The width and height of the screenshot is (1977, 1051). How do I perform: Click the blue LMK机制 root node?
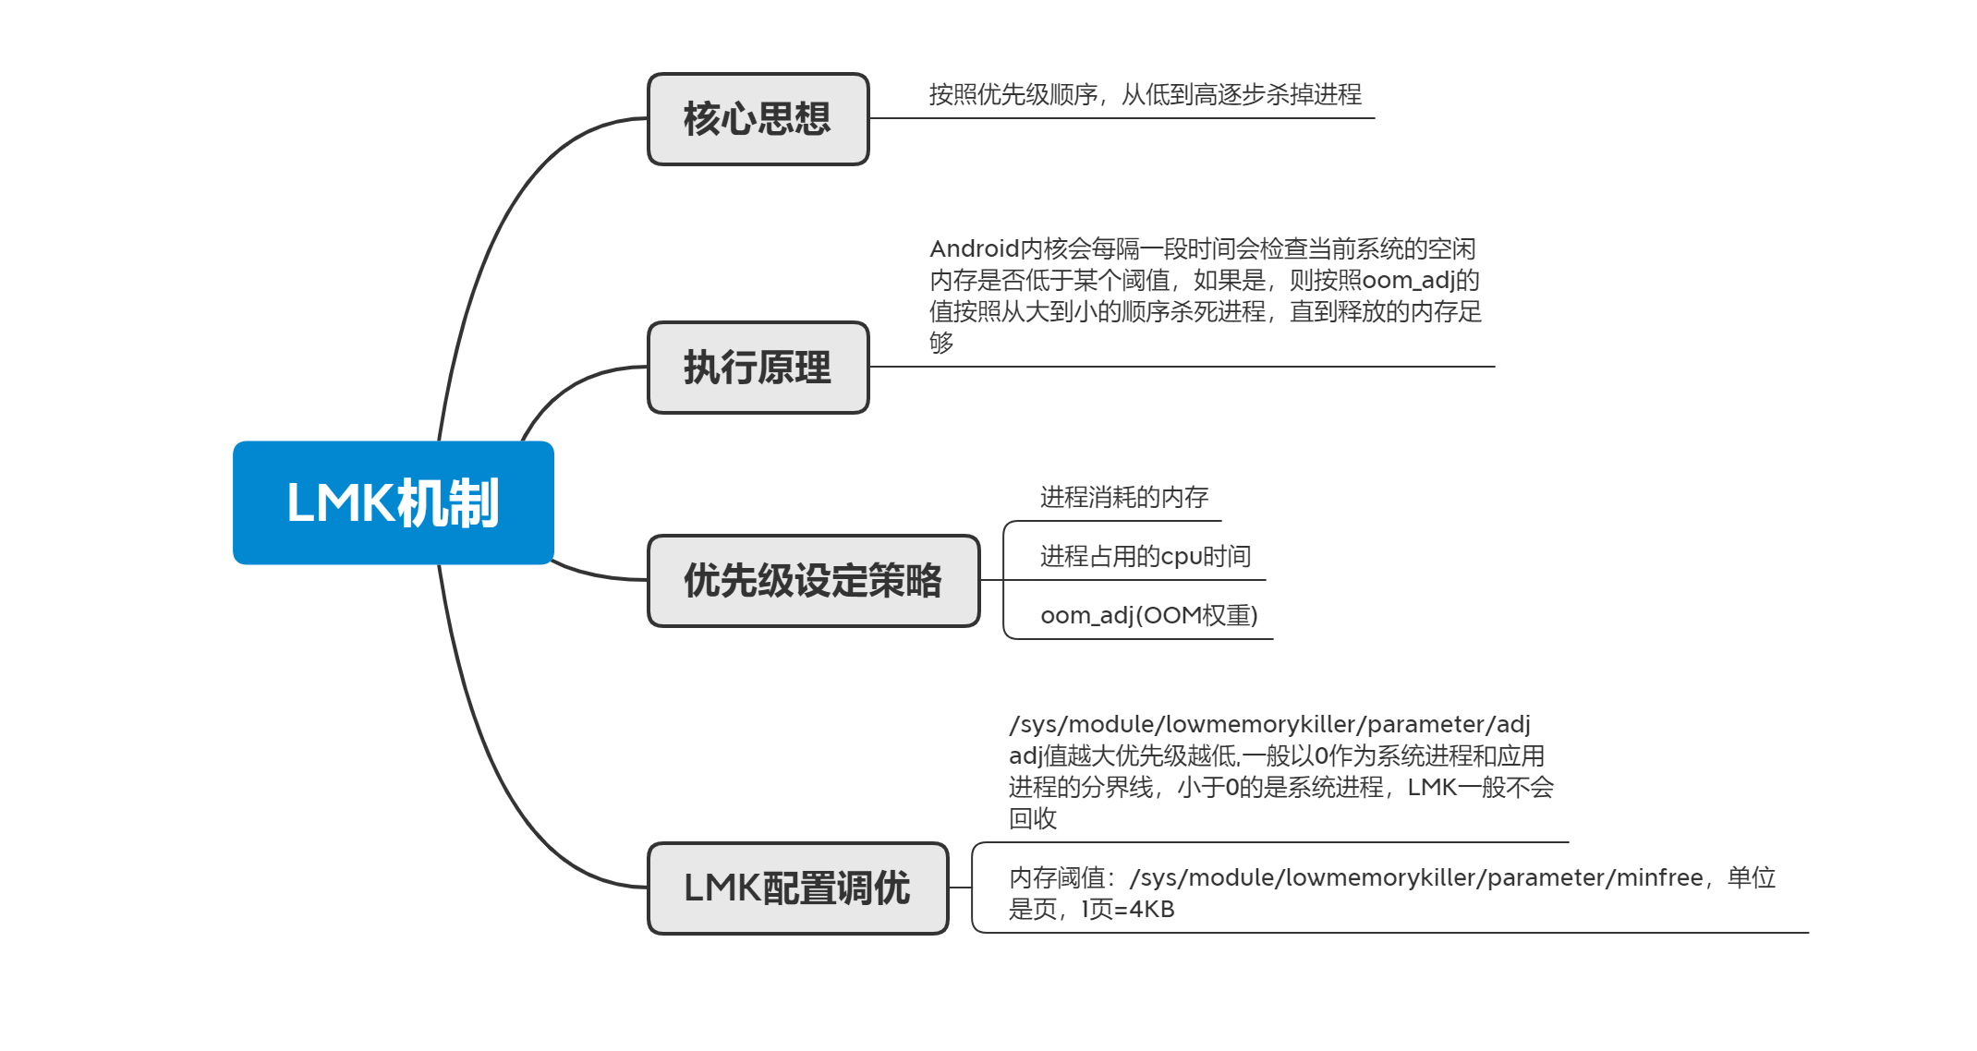pyautogui.click(x=393, y=502)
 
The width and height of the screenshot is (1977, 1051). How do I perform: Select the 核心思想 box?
pyautogui.click(x=758, y=119)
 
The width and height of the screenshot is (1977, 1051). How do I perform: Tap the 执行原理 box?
pyautogui.click(x=758, y=368)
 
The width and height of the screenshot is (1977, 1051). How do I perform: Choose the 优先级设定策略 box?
pyautogui.click(x=813, y=581)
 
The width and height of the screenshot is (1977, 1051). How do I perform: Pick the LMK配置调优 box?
pyautogui.click(x=797, y=888)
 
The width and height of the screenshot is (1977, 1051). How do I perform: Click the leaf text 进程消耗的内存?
pyautogui.click(x=1123, y=498)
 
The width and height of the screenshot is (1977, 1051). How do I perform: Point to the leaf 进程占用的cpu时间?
pyautogui.click(x=1145, y=556)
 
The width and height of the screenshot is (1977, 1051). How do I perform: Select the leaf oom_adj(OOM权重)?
pyautogui.click(x=1148, y=615)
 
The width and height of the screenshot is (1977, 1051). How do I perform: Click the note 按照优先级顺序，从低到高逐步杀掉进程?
pyautogui.click(x=1145, y=94)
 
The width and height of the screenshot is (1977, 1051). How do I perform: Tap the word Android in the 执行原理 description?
pyautogui.click(x=974, y=249)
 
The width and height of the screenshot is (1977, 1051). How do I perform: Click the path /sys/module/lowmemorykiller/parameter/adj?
pyautogui.click(x=1269, y=724)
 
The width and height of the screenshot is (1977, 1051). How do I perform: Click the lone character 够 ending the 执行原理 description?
pyautogui.click(x=941, y=344)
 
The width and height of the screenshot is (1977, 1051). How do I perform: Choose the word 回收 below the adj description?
pyautogui.click(x=1032, y=819)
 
